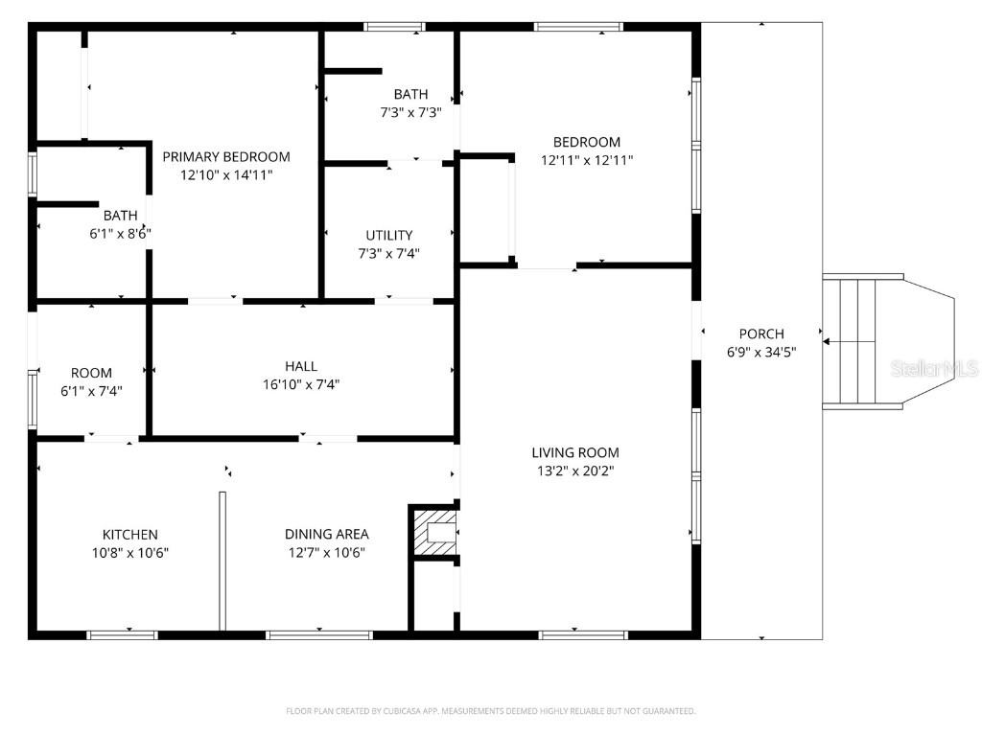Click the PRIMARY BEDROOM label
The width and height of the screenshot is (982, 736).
click(225, 156)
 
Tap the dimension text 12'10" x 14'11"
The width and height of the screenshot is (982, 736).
click(225, 175)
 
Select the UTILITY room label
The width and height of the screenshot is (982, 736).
click(388, 235)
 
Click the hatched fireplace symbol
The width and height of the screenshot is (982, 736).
click(436, 532)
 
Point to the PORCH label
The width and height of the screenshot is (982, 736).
click(761, 333)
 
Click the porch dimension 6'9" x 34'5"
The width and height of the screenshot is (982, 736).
click(761, 352)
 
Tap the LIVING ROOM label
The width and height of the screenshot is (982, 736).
click(575, 452)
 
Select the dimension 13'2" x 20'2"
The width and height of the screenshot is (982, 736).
click(575, 471)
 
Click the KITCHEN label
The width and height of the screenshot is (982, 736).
click(129, 534)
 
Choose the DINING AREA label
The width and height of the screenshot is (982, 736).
click(326, 534)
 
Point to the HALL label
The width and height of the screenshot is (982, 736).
click(300, 366)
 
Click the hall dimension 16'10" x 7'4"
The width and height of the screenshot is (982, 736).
click(300, 384)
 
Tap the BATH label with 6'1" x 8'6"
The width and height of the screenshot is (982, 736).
click(120, 216)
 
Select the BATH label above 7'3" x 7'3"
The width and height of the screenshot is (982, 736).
click(410, 94)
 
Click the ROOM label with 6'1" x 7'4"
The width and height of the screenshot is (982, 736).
click(91, 373)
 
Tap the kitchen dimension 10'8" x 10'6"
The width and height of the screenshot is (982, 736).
click(129, 552)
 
